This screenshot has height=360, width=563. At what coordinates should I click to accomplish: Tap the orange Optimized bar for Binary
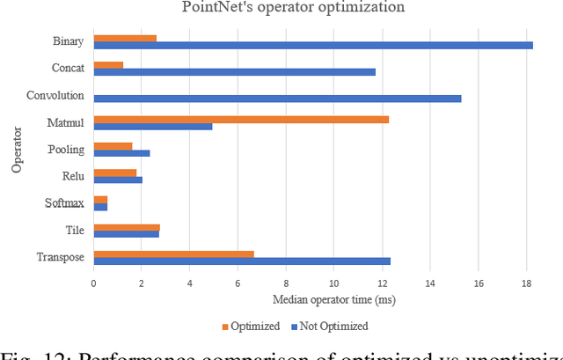tap(125, 38)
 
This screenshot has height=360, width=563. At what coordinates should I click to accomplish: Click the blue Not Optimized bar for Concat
tap(234, 71)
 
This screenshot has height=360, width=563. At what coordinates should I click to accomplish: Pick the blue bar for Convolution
tap(277, 99)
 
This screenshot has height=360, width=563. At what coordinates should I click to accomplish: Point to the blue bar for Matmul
tap(153, 126)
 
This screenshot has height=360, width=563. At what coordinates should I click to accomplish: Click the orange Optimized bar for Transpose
tap(173, 253)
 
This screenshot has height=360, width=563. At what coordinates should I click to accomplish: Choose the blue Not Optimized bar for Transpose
tap(242, 261)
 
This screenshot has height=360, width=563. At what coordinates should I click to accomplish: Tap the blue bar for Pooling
tap(121, 153)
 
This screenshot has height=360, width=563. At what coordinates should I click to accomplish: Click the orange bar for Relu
tap(115, 173)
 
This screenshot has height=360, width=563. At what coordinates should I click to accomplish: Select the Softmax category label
tap(64, 203)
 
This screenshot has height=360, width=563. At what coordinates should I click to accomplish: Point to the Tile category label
tap(75, 230)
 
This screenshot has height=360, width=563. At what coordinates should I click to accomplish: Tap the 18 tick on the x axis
tap(526, 283)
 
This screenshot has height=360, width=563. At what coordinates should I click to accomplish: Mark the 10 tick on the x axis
tap(333, 283)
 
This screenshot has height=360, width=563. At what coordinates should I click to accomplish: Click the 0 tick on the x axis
tap(94, 283)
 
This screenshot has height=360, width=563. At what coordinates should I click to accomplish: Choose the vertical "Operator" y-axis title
tap(17, 150)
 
